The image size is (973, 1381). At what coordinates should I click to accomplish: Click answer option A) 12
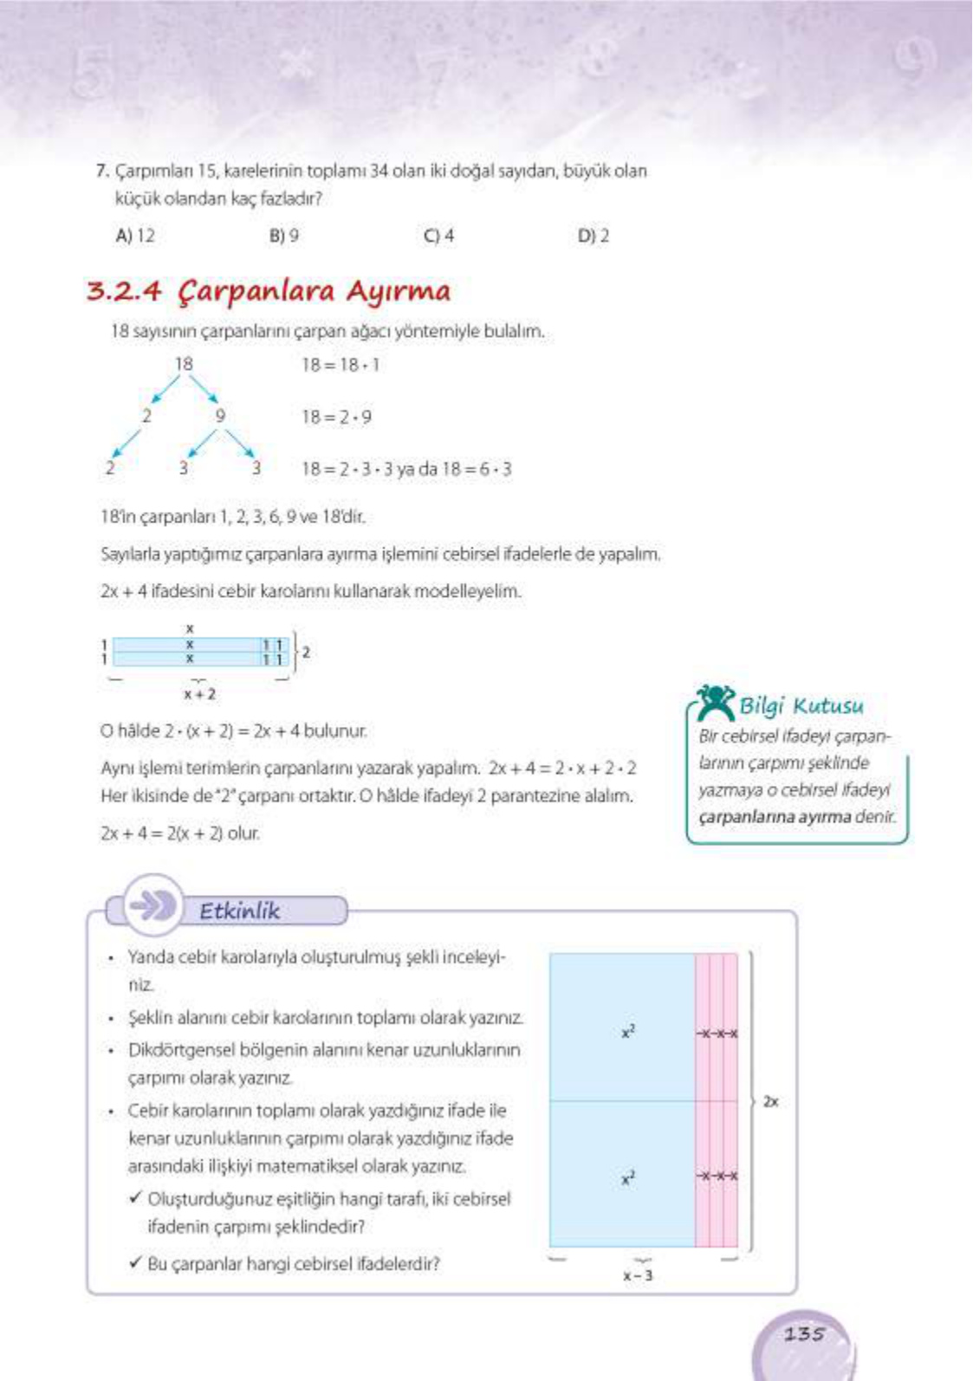click(135, 236)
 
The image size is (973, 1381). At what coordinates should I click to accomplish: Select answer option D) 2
click(594, 236)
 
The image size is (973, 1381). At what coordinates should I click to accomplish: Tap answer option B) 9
click(284, 236)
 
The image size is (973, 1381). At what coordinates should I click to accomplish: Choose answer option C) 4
click(438, 236)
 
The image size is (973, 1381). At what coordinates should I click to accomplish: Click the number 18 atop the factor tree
click(184, 364)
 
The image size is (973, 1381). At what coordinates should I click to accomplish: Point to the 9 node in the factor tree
click(220, 416)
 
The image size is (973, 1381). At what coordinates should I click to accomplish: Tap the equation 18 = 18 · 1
click(341, 365)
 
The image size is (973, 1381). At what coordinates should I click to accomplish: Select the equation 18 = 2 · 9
click(337, 417)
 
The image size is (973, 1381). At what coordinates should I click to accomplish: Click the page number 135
click(804, 1334)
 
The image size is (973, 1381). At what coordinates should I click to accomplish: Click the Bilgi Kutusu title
click(801, 706)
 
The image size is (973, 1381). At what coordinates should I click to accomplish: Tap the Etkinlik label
click(240, 911)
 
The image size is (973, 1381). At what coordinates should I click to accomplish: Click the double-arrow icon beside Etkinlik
click(152, 905)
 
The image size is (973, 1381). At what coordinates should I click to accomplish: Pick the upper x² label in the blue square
click(628, 1032)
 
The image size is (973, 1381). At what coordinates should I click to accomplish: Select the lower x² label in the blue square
click(628, 1178)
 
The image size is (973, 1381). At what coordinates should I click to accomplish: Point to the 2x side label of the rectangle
click(770, 1102)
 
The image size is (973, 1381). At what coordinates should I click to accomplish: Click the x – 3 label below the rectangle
click(639, 1275)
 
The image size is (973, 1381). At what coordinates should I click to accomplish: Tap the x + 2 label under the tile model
click(199, 694)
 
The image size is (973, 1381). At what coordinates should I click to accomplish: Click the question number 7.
click(101, 172)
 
